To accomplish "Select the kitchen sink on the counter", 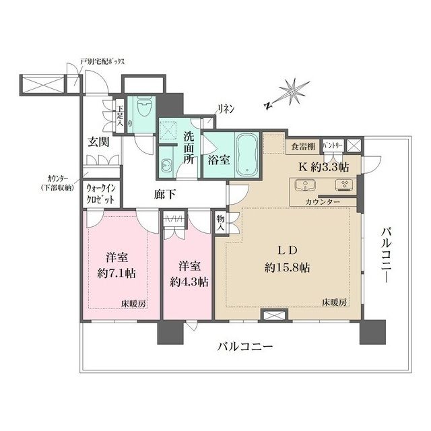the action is [306, 185].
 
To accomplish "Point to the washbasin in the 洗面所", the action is [167, 166].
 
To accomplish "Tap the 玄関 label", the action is [99, 142].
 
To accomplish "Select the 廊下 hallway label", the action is [164, 195].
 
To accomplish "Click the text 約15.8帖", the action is [288, 267].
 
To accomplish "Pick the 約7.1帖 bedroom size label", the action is [117, 273].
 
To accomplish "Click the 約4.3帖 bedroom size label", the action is [189, 282].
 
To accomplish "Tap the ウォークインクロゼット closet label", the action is [100, 194].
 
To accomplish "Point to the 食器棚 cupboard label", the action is [303, 147].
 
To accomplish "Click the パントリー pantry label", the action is [333, 144].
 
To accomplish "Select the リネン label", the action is [226, 109].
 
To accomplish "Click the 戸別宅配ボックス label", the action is [102, 61].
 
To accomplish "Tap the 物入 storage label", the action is [220, 222].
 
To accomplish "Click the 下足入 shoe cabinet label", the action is [120, 114].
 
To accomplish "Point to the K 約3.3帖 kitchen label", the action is [324, 167].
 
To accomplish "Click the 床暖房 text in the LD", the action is [335, 302].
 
